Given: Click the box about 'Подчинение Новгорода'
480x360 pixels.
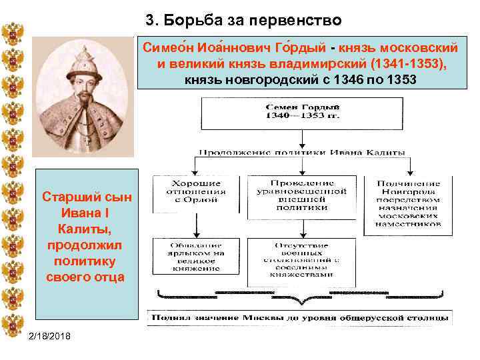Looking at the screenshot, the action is coord(407,203).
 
